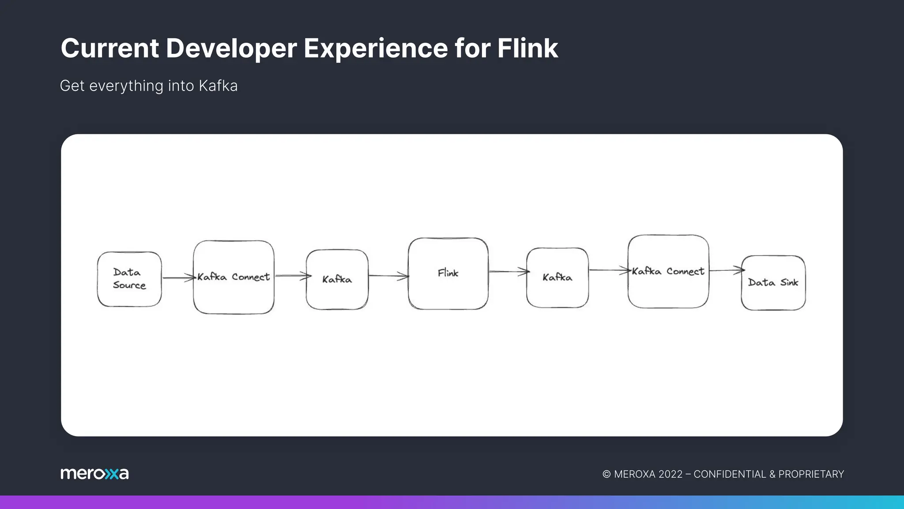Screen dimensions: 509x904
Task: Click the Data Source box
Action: coord(129,279)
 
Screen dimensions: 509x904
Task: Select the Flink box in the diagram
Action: coord(448,273)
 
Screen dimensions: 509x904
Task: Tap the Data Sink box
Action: coord(773,283)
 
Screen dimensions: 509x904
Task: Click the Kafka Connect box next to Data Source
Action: coord(234,277)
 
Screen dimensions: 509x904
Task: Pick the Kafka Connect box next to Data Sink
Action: coord(668,271)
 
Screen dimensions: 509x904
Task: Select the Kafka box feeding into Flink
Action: coord(337,279)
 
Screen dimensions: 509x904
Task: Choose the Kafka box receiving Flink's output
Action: coord(557,277)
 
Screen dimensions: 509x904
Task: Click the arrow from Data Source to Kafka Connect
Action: coord(178,278)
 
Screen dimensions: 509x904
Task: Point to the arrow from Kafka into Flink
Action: coord(388,276)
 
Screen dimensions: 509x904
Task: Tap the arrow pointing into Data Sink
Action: coord(726,270)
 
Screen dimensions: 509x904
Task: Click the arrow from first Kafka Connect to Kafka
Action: coord(291,276)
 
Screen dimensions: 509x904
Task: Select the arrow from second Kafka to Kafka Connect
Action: coord(608,270)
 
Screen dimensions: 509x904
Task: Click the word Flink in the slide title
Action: coord(527,48)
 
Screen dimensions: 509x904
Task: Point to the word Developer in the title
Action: coord(231,48)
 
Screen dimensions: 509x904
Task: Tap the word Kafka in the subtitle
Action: coord(218,86)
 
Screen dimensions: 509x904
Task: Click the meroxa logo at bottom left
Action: coord(94,474)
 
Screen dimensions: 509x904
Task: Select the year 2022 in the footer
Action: coord(670,474)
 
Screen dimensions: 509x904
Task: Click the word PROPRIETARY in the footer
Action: coord(811,474)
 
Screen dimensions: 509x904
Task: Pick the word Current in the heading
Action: coord(109,48)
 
